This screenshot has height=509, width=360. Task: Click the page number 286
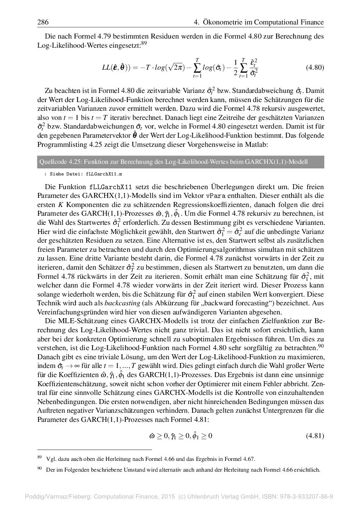(43, 22)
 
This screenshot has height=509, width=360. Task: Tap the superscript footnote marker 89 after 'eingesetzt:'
(144, 42)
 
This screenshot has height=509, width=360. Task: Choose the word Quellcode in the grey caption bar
(52, 161)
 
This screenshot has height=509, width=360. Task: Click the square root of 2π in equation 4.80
(171, 68)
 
